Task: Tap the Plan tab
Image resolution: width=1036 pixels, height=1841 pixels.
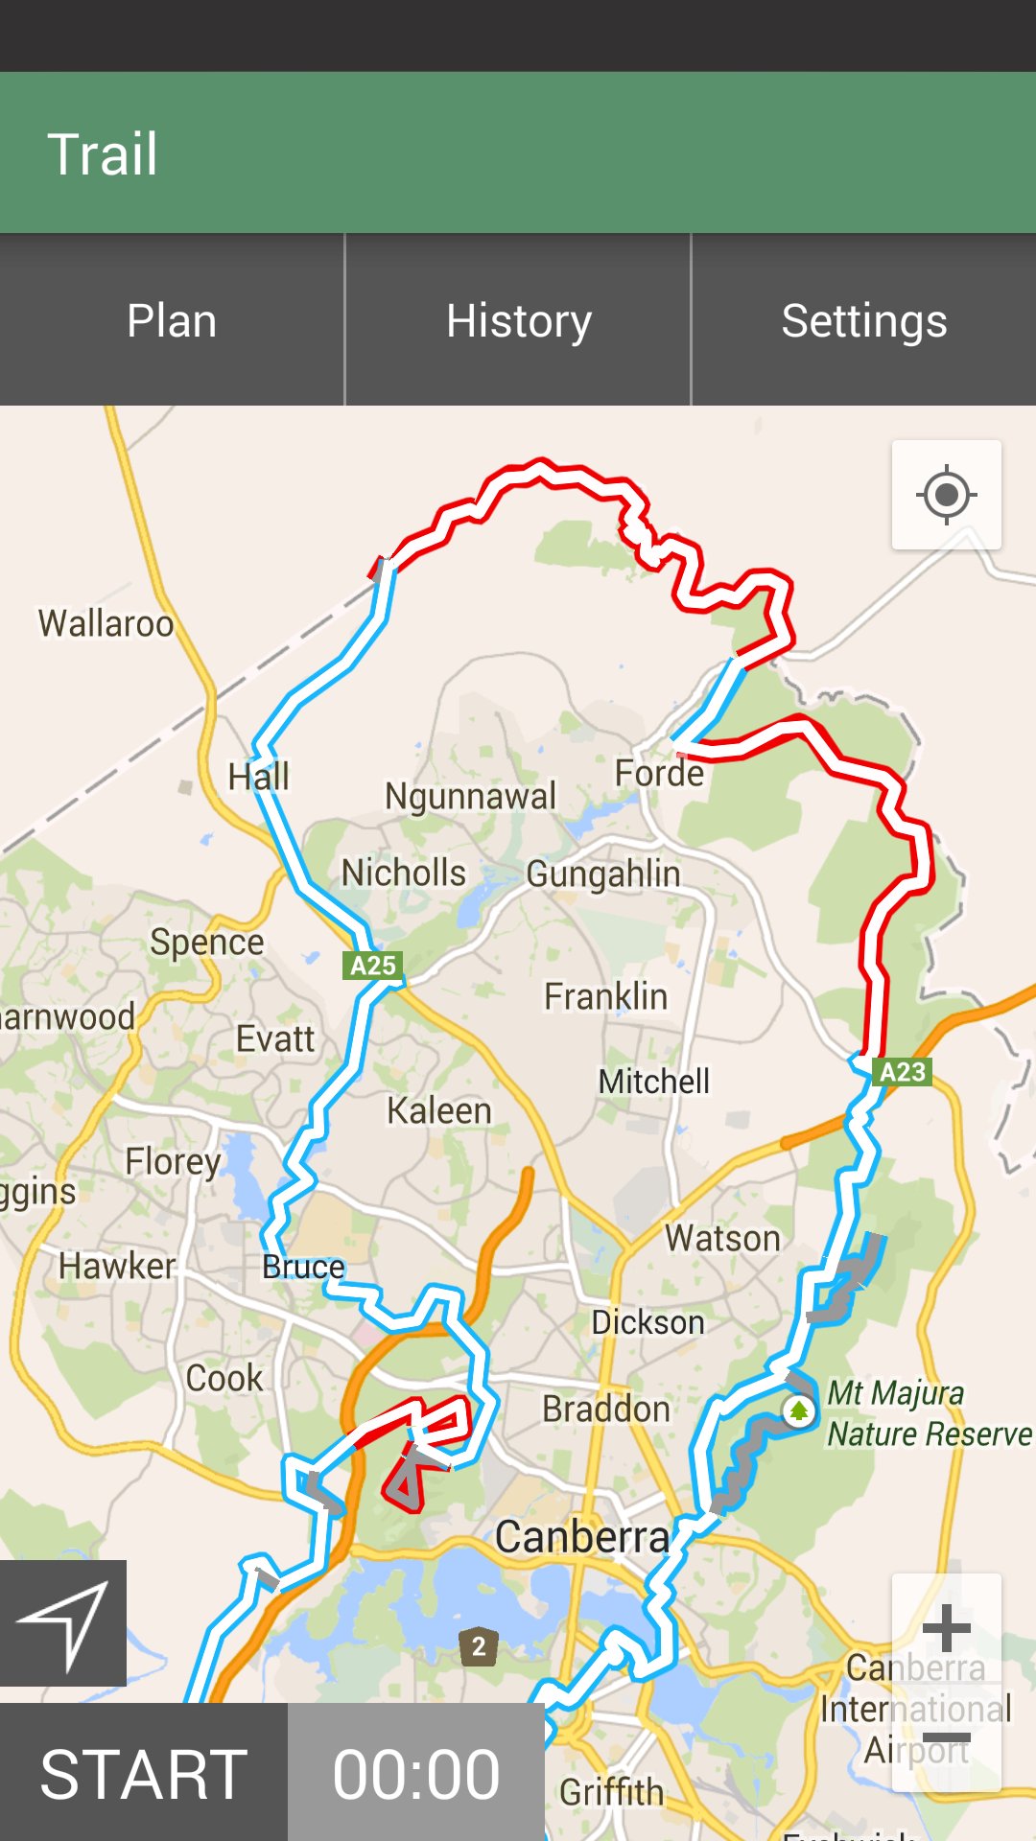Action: [x=172, y=320]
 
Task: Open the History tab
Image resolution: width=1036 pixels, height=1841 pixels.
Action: [x=518, y=320]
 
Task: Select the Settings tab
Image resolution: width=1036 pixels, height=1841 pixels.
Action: [x=863, y=320]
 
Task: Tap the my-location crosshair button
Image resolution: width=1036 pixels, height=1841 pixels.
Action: [x=947, y=496]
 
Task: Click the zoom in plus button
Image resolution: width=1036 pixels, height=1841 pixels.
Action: [x=947, y=1628]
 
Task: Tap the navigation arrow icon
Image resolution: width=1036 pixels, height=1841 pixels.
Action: [x=63, y=1622]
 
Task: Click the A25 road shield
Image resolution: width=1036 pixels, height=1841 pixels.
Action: [x=372, y=966]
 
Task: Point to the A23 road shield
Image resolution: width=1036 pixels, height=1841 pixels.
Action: [x=903, y=1072]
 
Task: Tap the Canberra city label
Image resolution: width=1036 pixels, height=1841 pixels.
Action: [x=581, y=1537]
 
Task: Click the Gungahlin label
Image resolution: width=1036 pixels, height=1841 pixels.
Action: [x=603, y=874]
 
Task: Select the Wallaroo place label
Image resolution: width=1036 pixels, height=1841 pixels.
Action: [x=106, y=623]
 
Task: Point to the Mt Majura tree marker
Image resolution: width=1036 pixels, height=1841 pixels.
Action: [x=798, y=1410]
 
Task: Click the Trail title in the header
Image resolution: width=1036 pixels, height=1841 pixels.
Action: [x=103, y=154]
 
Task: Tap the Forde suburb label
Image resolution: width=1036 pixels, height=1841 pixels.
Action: [x=659, y=773]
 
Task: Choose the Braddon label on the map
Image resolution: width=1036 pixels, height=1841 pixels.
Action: [x=606, y=1410]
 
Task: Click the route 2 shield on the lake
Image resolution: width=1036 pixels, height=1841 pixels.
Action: [x=478, y=1647]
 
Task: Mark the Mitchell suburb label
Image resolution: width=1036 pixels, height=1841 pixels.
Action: [x=654, y=1082]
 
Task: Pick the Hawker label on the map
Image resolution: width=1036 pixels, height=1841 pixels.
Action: [x=117, y=1266]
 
